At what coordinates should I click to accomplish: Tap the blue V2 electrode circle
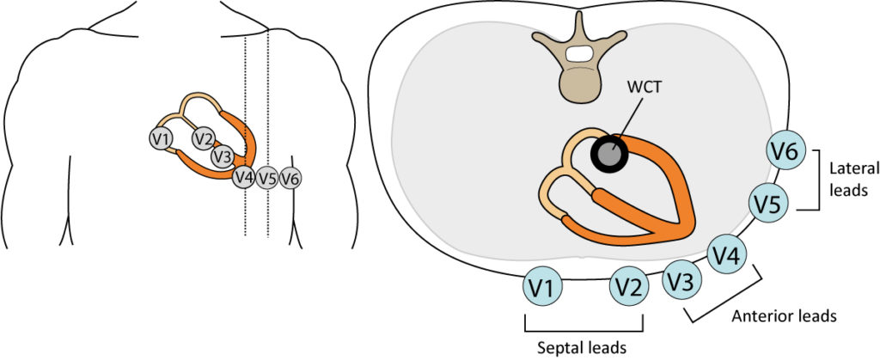(629, 290)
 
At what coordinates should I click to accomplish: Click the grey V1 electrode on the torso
(161, 139)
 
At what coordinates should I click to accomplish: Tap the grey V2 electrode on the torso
(203, 138)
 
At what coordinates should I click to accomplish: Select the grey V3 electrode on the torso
(223, 156)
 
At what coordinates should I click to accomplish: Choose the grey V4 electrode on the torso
(244, 178)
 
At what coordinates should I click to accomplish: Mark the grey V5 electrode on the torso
(267, 179)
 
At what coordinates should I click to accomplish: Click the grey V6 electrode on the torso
(290, 179)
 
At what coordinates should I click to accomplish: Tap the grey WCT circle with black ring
(608, 154)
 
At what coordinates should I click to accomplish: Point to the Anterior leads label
(784, 316)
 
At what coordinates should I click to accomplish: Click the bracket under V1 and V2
(584, 329)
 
